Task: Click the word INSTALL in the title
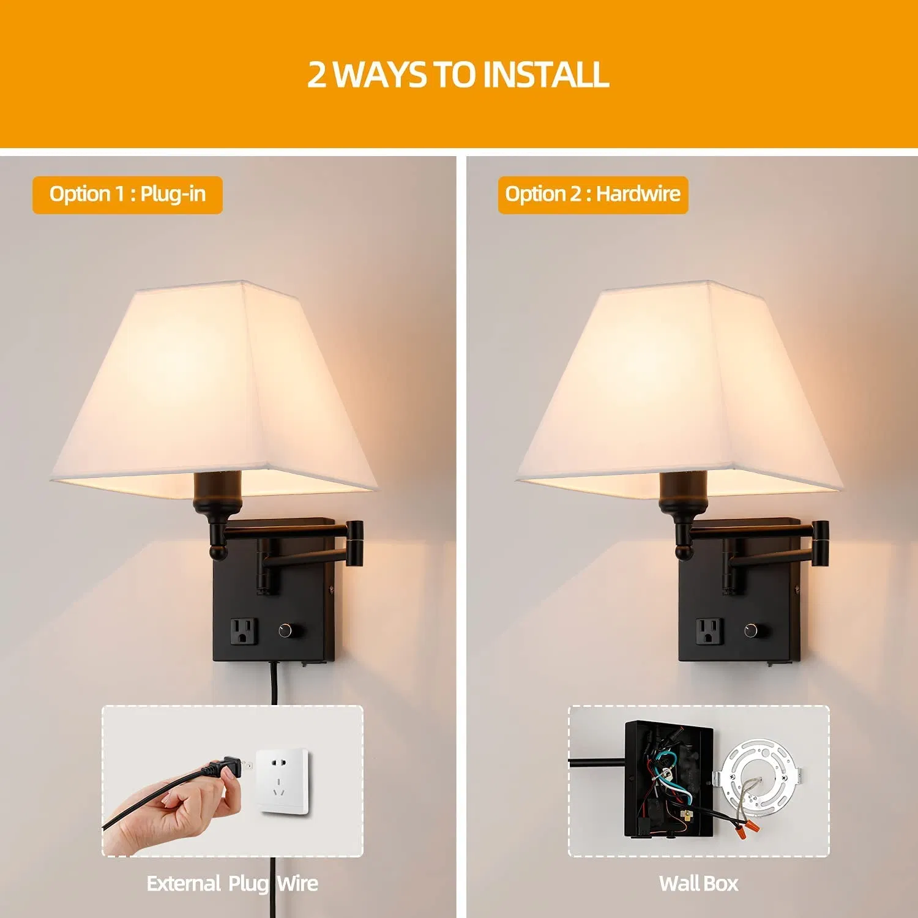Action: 546,75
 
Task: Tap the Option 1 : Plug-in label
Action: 127,195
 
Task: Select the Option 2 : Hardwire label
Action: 592,195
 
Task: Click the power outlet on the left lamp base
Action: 243,632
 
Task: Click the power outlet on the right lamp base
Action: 709,632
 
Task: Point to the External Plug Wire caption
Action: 232,883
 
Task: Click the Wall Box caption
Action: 698,883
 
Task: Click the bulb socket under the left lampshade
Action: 218,493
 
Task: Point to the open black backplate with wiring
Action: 668,780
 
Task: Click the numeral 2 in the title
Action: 317,75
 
